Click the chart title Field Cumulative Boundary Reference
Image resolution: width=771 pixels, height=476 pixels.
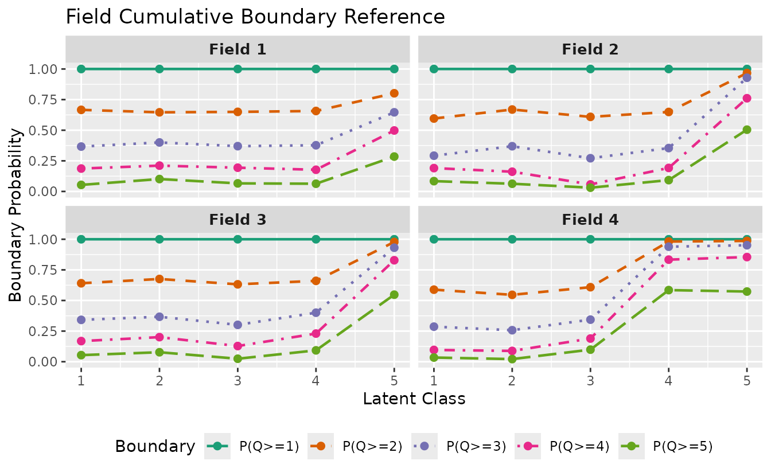255,17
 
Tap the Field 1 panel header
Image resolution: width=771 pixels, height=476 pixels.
237,49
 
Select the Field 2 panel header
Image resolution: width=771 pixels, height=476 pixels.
590,49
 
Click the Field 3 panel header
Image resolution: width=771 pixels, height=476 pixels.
237,220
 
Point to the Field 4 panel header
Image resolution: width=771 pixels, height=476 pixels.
590,220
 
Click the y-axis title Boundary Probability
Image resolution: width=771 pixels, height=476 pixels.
15,215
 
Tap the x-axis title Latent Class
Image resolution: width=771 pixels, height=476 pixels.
414,399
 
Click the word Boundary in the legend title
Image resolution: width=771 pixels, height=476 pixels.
155,446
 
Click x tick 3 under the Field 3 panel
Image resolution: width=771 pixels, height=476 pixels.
237,379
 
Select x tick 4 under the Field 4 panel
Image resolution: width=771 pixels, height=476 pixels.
668,379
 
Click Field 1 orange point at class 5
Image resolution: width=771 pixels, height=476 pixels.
394,93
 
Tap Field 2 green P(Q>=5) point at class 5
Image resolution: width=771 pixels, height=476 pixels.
747,130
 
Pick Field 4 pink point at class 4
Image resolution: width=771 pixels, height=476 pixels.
668,260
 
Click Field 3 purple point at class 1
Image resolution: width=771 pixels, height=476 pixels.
81,320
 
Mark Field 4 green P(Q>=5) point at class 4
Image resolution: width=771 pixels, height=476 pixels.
668,290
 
